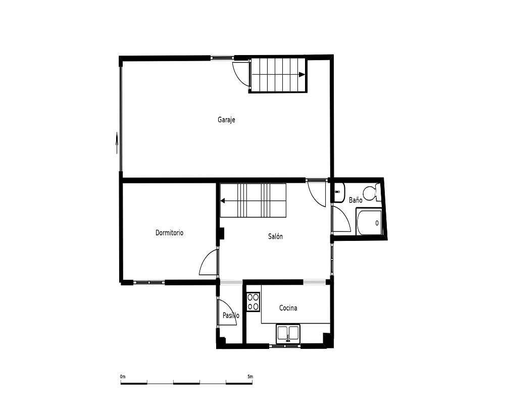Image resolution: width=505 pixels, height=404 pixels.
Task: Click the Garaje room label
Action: pyautogui.click(x=226, y=120)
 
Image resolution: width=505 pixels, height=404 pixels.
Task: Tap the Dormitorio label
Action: pyautogui.click(x=169, y=233)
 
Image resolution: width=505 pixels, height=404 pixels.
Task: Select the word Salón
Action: pyautogui.click(x=275, y=236)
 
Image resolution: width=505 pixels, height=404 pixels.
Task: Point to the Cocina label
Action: pyautogui.click(x=288, y=308)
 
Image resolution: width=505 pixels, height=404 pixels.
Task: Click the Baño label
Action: pyautogui.click(x=356, y=200)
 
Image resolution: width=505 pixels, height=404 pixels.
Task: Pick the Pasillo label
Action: pyautogui.click(x=231, y=316)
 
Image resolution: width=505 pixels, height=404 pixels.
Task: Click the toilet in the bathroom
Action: pyautogui.click(x=372, y=192)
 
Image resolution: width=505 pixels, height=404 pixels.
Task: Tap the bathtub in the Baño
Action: pyautogui.click(x=369, y=222)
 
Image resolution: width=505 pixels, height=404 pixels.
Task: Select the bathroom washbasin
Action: pyautogui.click(x=339, y=192)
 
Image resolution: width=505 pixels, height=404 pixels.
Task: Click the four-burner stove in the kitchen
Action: pyautogui.click(x=254, y=301)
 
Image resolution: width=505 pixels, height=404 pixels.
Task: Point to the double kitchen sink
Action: pyautogui.click(x=288, y=333)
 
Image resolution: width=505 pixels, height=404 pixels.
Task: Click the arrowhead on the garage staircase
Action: pyautogui.click(x=302, y=74)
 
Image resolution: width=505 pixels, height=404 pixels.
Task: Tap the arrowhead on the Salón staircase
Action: pyautogui.click(x=223, y=201)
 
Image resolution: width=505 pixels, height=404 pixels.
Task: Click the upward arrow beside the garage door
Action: pyautogui.click(x=117, y=144)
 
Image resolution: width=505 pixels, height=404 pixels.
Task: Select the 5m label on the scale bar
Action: pyautogui.click(x=250, y=377)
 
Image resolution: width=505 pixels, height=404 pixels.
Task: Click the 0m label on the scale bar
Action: pyautogui.click(x=123, y=377)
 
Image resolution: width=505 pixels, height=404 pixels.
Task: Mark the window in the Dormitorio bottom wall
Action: pyautogui.click(x=149, y=282)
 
